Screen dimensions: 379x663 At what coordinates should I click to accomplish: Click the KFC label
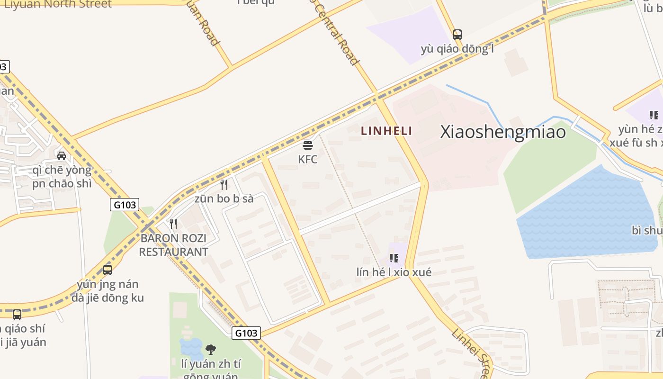click(308, 160)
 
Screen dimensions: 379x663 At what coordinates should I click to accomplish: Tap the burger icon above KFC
click(308, 145)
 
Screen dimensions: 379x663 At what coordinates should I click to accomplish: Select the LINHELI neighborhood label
click(386, 131)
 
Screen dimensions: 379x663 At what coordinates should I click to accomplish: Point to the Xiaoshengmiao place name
click(503, 132)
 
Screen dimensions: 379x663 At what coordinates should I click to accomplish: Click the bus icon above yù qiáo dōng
click(457, 34)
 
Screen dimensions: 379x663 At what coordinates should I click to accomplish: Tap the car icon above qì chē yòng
click(62, 155)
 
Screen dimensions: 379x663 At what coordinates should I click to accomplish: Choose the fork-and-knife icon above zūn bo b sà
click(224, 184)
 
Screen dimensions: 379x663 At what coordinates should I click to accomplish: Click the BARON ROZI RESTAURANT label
click(174, 245)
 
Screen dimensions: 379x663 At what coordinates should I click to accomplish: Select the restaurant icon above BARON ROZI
click(174, 224)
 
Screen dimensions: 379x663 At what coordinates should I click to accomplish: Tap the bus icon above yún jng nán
click(108, 270)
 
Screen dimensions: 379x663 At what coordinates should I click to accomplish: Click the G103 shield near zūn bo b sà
click(125, 205)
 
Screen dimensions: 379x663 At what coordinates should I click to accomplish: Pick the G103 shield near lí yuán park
click(246, 333)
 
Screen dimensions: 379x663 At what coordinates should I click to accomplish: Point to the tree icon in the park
click(211, 350)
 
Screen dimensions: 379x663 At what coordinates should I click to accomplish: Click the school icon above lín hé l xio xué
click(394, 258)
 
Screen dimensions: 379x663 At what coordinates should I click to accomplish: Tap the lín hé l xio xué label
click(394, 272)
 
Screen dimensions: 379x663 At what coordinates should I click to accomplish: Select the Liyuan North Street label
click(58, 4)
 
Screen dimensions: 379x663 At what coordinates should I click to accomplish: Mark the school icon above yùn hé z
click(654, 115)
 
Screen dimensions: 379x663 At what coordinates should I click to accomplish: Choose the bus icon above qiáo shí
click(17, 314)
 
